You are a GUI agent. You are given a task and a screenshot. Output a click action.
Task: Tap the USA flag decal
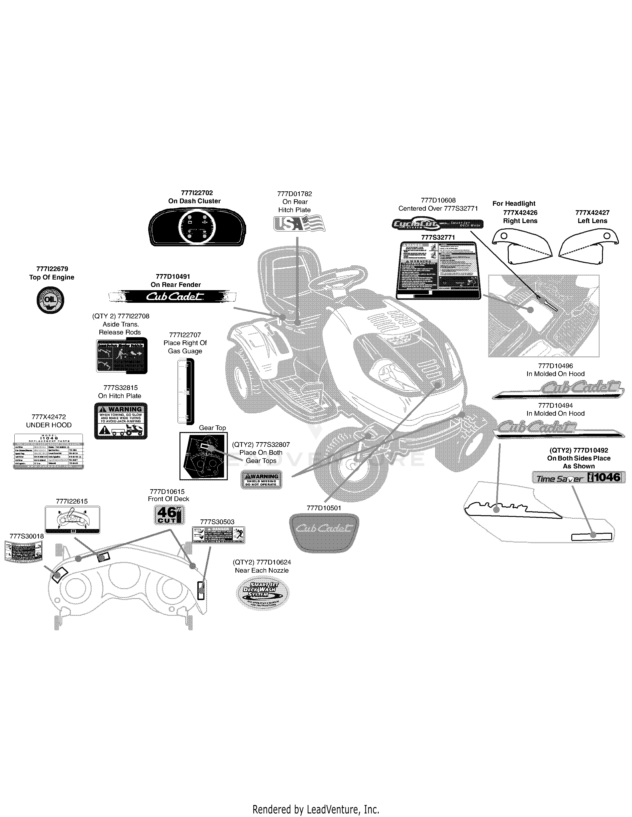300,223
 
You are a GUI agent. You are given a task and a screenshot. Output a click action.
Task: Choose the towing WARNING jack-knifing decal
120,421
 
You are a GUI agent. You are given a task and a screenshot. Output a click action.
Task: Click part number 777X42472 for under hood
49,417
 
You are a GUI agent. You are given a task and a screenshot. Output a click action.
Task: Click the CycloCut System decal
437,224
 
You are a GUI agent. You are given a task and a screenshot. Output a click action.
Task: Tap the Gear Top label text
212,428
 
